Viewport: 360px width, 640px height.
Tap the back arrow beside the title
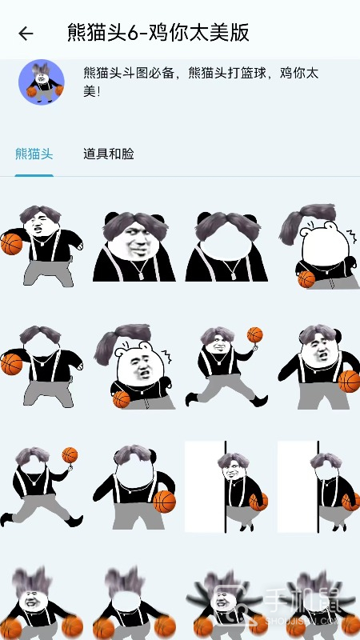26,34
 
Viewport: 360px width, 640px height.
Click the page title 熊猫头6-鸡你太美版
158,33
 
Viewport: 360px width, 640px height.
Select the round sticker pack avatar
42,82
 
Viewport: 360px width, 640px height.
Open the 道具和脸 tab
109,154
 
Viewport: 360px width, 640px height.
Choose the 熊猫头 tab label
34,154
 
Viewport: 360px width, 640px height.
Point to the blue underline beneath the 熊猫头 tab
34,175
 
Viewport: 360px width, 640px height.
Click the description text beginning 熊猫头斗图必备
201,82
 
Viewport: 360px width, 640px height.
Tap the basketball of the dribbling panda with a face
11,244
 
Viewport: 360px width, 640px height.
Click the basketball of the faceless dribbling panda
11,364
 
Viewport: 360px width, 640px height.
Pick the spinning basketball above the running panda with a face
254,334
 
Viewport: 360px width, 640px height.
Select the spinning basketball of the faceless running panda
70,455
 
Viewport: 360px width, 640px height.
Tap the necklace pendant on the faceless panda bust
234,276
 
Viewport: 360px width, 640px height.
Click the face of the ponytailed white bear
139,370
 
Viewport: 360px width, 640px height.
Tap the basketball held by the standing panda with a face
349,381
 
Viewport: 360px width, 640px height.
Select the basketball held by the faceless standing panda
165,502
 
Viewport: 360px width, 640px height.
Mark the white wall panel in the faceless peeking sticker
298,486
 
